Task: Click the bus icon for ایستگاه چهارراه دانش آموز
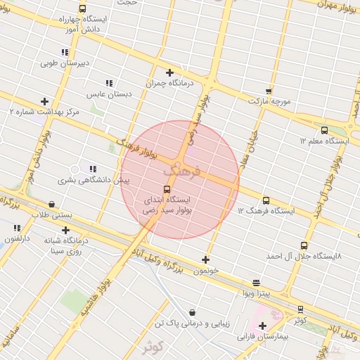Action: (x=83, y=9)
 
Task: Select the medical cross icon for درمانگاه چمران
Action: (x=169, y=72)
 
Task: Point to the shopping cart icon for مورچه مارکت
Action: (x=269, y=91)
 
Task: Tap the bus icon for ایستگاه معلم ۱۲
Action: (x=324, y=130)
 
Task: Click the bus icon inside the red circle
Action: (x=167, y=189)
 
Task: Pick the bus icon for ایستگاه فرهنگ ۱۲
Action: (x=266, y=200)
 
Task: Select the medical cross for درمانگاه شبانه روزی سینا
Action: (x=65, y=230)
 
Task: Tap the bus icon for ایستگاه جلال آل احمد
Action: (x=304, y=245)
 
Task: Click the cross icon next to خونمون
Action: (x=205, y=259)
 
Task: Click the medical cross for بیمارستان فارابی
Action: (x=262, y=326)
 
